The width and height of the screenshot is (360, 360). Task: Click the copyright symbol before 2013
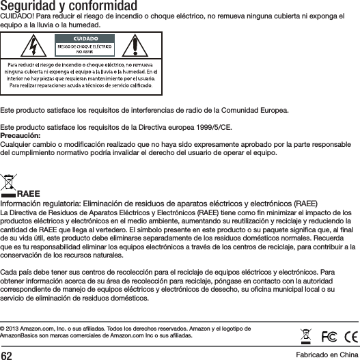tap(3, 329)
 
